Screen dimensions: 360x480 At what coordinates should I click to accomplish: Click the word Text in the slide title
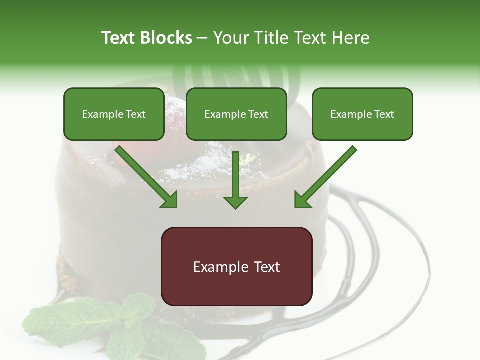[118, 38]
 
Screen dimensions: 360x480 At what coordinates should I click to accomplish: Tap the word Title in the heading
[273, 38]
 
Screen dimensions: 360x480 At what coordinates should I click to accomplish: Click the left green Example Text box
[114, 114]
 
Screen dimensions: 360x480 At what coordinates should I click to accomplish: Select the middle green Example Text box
[236, 114]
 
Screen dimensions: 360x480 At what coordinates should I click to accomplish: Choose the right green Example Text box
[362, 114]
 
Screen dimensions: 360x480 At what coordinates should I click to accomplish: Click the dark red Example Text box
[236, 266]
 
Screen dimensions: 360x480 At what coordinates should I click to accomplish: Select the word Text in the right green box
[384, 114]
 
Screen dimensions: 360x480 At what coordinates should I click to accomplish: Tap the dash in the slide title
[202, 38]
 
